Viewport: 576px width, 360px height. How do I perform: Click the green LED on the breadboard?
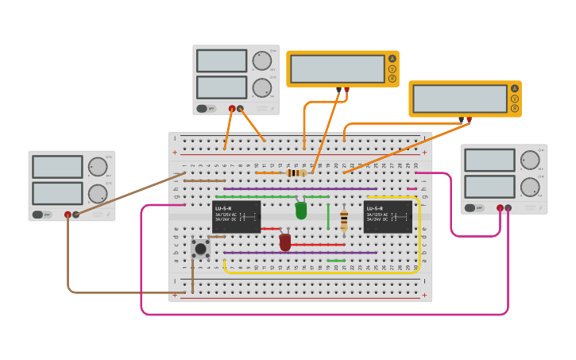pos(301,210)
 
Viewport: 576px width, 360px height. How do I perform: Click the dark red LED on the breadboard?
pos(285,242)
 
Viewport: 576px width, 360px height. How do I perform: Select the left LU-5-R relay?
pos(236,216)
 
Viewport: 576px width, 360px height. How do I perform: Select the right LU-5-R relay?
pos(387,216)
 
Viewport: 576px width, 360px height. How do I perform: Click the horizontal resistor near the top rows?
pos(296,172)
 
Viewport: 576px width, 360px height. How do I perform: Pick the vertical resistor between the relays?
pos(344,220)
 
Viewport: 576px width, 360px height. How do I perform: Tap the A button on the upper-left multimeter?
pos(392,59)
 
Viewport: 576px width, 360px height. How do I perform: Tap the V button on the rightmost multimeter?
pos(515,99)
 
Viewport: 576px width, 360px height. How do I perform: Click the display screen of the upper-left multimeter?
pos(338,69)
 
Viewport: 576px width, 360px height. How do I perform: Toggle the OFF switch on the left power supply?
pos(38,215)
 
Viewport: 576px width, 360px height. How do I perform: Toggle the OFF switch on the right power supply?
pos(470,208)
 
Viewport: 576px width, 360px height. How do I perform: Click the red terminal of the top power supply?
pos(232,109)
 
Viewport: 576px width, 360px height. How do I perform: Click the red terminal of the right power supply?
pos(500,208)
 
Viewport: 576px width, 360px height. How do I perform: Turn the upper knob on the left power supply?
pos(97,167)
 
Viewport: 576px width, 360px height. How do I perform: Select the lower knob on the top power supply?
pos(261,87)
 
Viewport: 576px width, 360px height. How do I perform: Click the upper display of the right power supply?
pos(489,160)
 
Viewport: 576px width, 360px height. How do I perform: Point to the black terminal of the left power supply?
pos(76,215)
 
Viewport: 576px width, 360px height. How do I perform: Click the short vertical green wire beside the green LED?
pos(328,216)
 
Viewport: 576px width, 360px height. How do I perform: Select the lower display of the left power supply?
pos(57,193)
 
